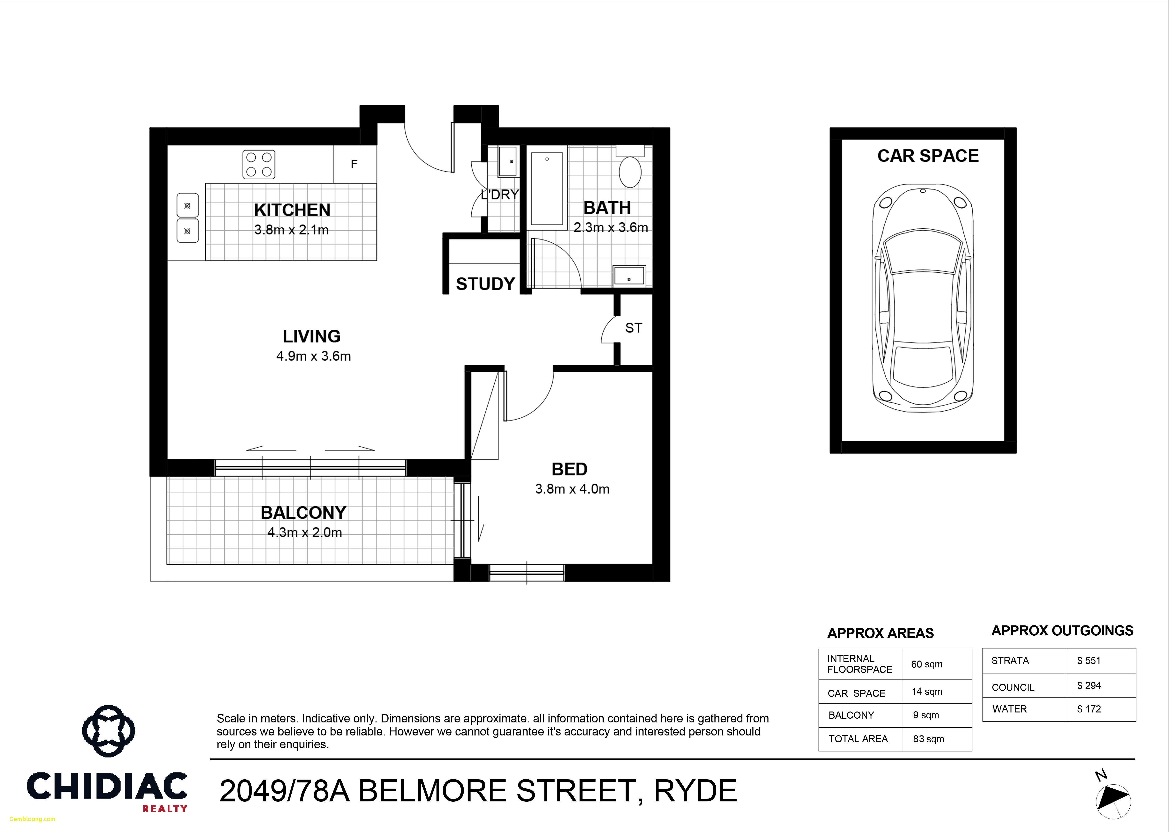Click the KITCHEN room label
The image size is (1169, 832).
point(292,210)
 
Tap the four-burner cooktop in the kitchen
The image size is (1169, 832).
point(259,164)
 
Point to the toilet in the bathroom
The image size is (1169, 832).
point(630,169)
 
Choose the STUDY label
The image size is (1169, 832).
point(485,284)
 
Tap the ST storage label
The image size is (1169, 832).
point(633,328)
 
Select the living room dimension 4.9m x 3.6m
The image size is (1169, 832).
point(313,356)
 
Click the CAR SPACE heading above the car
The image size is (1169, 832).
point(928,156)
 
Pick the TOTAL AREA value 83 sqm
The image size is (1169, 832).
point(928,739)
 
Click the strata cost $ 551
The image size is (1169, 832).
point(1089,660)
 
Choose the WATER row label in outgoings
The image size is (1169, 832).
point(1009,709)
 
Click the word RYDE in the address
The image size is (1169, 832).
point(695,791)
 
